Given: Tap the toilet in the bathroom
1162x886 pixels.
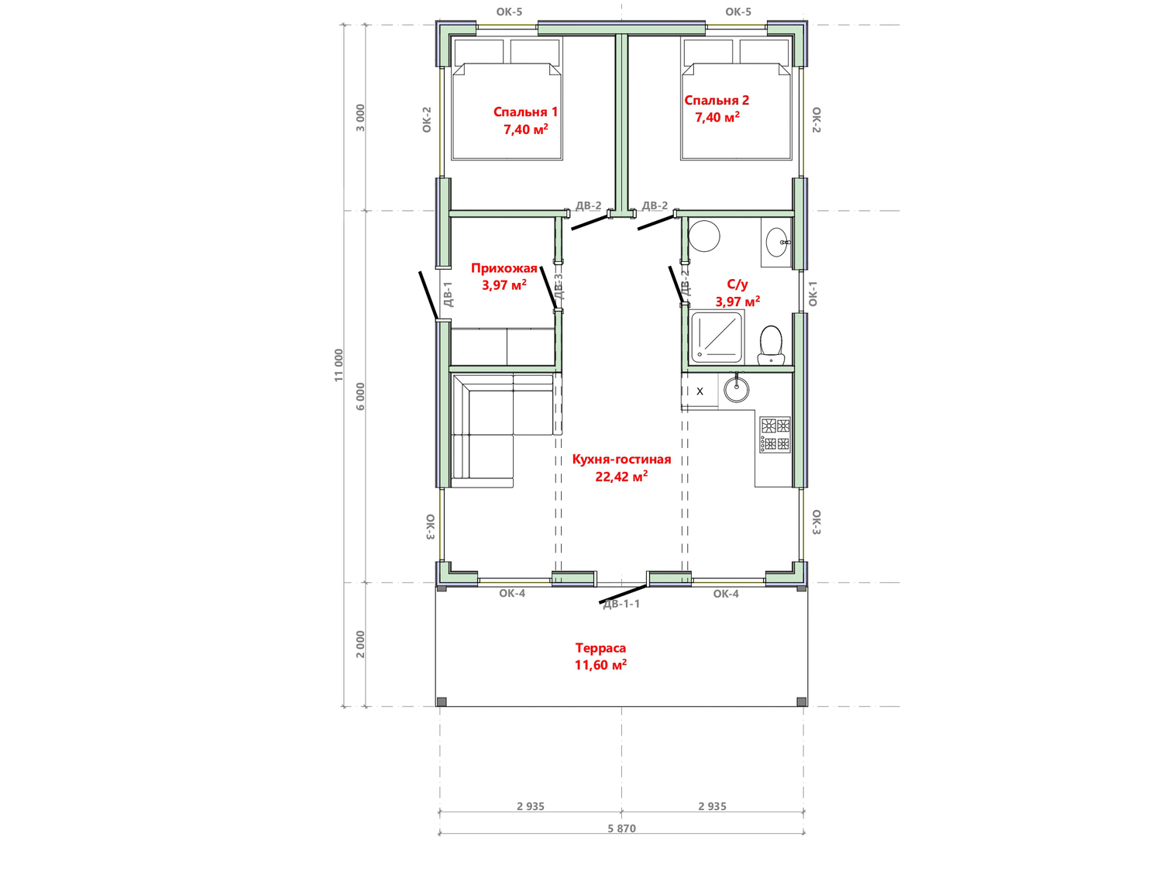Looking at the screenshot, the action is click(770, 345).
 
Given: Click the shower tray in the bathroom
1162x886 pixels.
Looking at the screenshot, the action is click(717, 337).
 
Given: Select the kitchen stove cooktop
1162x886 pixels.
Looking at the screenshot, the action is click(775, 435).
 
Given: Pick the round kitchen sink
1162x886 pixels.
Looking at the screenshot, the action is click(737, 390).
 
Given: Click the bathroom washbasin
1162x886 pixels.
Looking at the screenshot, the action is click(777, 242).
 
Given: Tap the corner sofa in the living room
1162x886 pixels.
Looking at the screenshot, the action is click(502, 430).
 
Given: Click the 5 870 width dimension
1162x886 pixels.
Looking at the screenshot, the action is click(621, 829).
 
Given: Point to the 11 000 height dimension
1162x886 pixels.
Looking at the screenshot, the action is click(339, 365).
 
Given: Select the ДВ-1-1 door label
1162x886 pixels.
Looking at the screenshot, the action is click(621, 604).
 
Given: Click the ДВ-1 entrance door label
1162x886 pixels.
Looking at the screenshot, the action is click(448, 295).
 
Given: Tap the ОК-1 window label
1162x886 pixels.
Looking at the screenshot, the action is click(813, 293).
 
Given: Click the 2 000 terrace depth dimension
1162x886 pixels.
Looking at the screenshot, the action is click(360, 644).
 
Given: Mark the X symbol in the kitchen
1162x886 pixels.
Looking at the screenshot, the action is click(700, 391).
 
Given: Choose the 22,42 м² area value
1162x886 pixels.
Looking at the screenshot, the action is click(621, 477).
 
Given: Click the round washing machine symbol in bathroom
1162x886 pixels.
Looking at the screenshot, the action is click(703, 236).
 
